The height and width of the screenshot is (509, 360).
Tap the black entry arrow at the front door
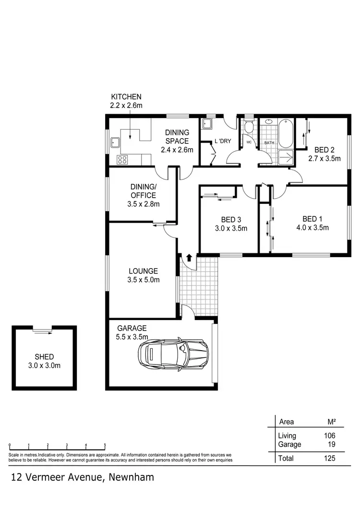[x=189, y=258]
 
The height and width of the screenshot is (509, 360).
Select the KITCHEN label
[x=126, y=96]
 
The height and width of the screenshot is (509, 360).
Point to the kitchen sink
[x=115, y=142]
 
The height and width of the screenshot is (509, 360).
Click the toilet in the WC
[x=249, y=128]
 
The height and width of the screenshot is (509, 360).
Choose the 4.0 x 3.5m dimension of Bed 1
[x=312, y=228]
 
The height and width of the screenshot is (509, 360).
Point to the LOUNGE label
[x=143, y=271]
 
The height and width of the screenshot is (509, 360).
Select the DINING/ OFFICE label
[x=143, y=191]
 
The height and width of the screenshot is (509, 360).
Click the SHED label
[x=44, y=357]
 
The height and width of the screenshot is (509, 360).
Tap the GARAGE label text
[x=131, y=329]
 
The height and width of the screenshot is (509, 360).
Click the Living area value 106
[x=329, y=436]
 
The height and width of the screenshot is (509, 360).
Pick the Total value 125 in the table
[x=329, y=458]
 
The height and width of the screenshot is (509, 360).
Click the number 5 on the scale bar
[x=105, y=445]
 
